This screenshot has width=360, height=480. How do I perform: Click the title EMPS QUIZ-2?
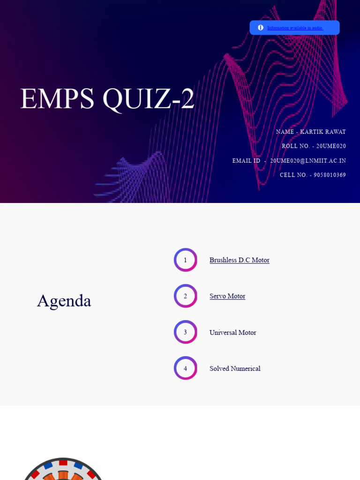107,99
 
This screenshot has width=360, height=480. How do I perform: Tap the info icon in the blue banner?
261,28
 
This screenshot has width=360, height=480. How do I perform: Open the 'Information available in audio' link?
295,28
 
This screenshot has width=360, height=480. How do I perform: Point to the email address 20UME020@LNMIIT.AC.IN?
308,161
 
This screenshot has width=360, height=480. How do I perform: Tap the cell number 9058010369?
330,175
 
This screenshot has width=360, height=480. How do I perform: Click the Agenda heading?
64,301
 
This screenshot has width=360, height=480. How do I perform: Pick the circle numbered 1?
185,260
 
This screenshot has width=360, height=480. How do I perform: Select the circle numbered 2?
185,296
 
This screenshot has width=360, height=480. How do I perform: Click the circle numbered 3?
185,332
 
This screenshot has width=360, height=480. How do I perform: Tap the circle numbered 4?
185,368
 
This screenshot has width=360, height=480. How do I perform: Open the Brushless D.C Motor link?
239,260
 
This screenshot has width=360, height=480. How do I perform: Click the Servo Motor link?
227,296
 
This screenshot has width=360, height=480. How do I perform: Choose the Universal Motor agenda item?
232,333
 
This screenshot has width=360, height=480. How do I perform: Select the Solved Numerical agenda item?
235,369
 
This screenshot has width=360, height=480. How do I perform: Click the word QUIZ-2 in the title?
148,99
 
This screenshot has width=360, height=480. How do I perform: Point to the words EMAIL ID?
246,161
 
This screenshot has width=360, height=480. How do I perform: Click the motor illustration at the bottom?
63,470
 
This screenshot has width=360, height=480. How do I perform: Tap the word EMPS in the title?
57,99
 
